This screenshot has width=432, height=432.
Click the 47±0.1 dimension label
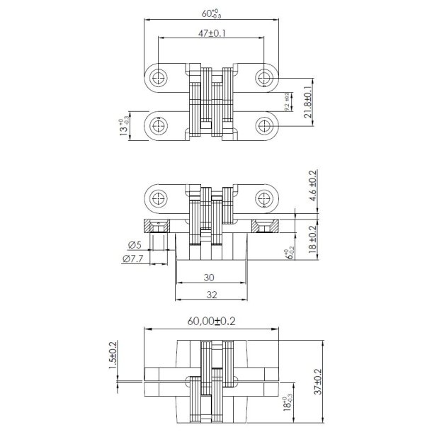coord(211,33)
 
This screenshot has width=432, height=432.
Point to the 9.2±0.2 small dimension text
coord(287,102)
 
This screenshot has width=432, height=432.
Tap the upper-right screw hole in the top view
coord(264,76)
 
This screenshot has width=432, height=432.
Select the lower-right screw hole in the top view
coord(264,127)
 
